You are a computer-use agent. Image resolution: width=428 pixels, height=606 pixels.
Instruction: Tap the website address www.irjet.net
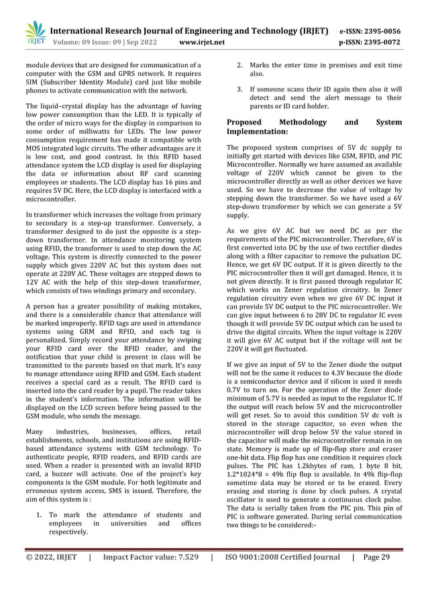(x=203, y=42)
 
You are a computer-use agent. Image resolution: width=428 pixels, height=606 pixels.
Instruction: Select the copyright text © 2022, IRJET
(x=51, y=557)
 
